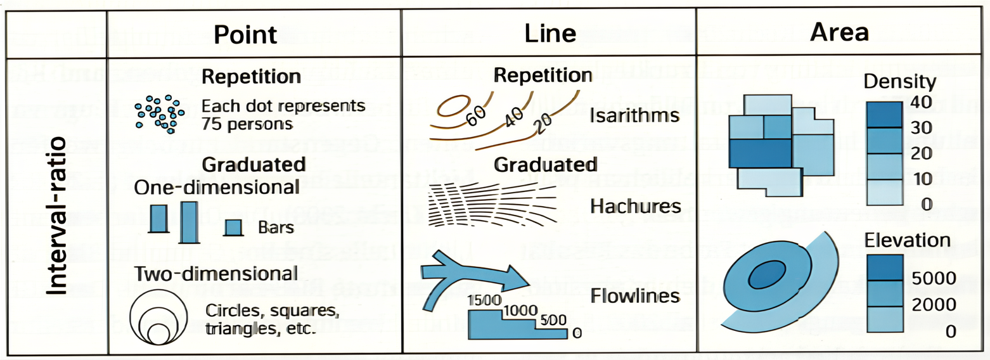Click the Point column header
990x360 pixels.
245,34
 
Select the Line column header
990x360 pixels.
550,34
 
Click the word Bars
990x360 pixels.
276,228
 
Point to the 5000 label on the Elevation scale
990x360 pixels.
935,279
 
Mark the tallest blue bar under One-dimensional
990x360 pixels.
189,222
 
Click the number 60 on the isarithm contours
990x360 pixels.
475,112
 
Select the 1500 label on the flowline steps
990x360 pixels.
484,300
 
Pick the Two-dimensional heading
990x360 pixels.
215,274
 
